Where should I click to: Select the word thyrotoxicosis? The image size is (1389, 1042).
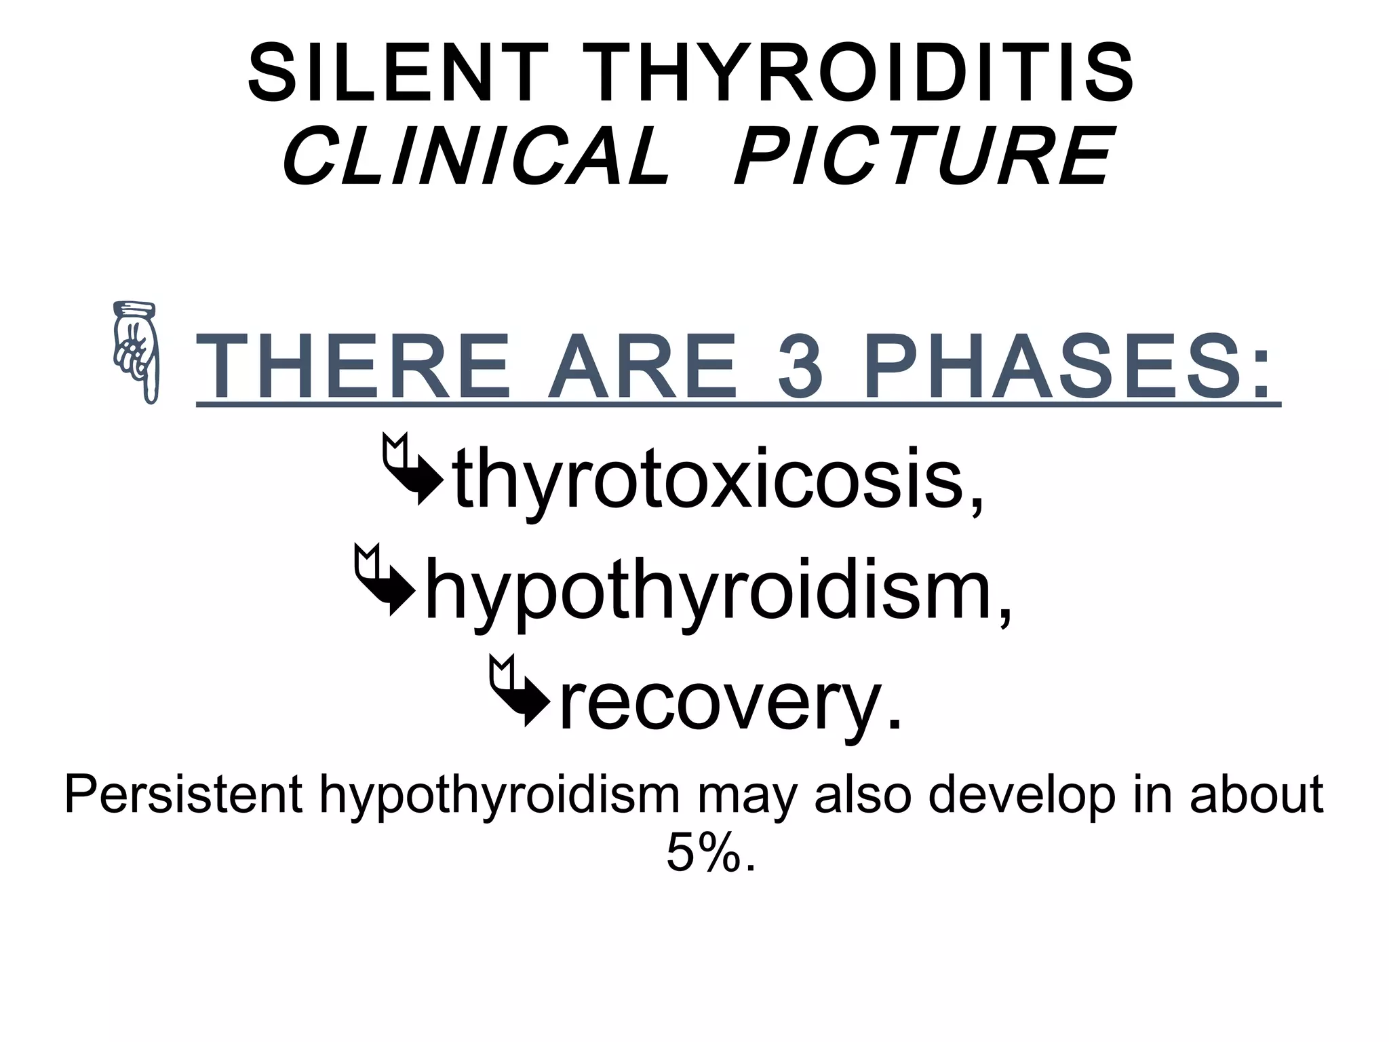point(719,478)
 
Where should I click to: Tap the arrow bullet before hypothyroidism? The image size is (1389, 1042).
point(384,579)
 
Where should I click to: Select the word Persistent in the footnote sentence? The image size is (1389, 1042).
point(183,794)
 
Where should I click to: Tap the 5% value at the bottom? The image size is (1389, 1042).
point(709,853)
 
